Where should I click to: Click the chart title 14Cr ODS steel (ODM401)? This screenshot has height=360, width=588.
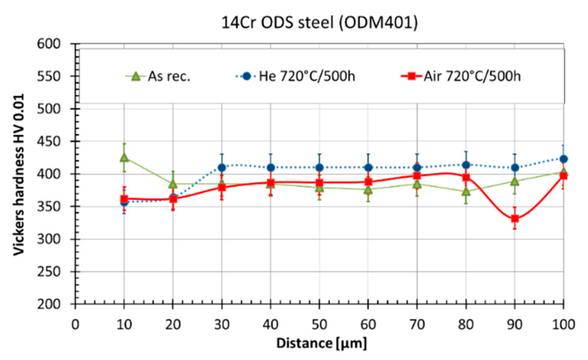(x=319, y=23)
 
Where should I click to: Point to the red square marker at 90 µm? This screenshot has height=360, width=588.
(x=515, y=219)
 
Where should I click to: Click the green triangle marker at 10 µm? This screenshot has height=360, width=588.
(x=124, y=158)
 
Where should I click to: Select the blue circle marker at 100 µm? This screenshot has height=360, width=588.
(x=563, y=159)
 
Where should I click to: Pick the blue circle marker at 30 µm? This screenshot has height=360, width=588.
(x=222, y=168)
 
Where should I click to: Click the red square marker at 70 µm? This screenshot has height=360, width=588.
(x=417, y=176)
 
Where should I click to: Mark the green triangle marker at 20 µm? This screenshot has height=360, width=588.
(x=173, y=184)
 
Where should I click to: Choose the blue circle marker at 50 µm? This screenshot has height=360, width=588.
(x=319, y=168)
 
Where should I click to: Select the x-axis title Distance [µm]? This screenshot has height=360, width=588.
(x=321, y=343)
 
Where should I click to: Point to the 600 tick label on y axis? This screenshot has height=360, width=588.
(x=49, y=44)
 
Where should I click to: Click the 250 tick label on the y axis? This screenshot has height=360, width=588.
(x=49, y=272)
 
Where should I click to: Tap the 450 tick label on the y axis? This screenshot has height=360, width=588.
(x=49, y=142)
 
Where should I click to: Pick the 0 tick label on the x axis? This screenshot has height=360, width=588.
(x=75, y=324)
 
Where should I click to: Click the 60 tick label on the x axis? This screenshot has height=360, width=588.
(x=368, y=324)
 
